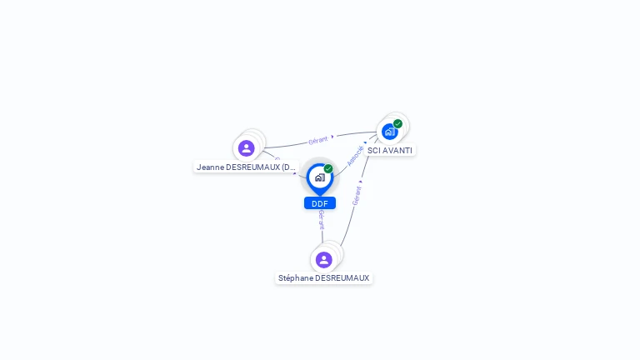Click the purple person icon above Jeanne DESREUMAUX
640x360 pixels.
pos(246,148)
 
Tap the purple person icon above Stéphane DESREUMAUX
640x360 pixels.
pos(324,260)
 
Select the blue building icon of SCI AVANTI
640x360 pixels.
pos(389,132)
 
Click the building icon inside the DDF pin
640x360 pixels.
pos(319,177)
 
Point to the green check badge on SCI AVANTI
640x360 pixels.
pos(398,123)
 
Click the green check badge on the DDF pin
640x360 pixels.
pos(328,168)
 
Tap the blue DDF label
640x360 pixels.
pos(319,203)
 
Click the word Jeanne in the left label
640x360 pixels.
pos(211,167)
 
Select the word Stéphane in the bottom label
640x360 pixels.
pos(297,278)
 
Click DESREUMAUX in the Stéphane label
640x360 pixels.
pos(342,278)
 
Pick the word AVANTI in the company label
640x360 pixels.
pos(397,151)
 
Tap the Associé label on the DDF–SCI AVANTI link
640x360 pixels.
pos(355,156)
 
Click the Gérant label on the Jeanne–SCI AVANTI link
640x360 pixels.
pos(317,140)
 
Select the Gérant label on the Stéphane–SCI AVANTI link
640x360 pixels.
pos(357,196)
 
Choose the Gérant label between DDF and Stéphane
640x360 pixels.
pos(321,220)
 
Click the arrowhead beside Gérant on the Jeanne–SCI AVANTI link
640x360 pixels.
pos(332,137)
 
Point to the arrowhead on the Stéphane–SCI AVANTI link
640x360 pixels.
pos(360,181)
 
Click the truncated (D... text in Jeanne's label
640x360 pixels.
pos(287,167)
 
